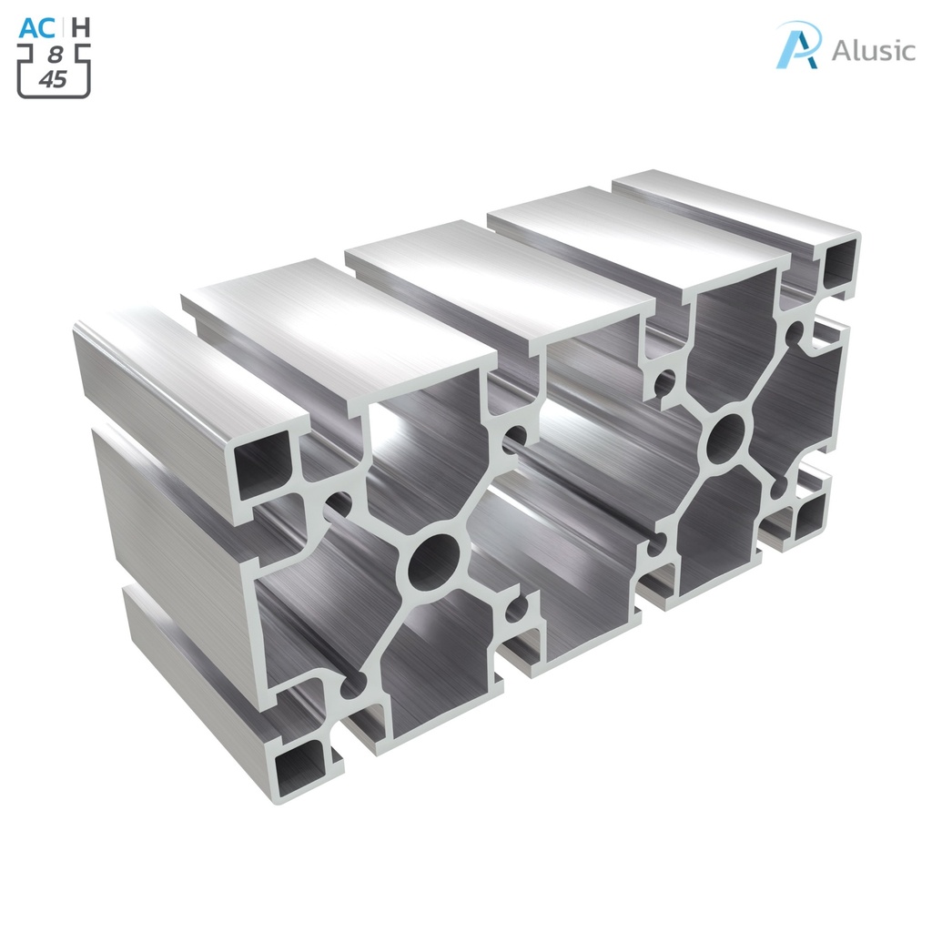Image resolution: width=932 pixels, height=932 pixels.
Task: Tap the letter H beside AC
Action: (81, 27)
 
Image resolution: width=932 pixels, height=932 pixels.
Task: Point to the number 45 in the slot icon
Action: (53, 79)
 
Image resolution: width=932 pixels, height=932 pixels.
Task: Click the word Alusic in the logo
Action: (873, 50)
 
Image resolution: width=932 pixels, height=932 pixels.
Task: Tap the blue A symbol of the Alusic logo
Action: (798, 46)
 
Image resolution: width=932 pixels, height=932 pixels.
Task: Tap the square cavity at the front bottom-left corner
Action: (300, 763)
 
